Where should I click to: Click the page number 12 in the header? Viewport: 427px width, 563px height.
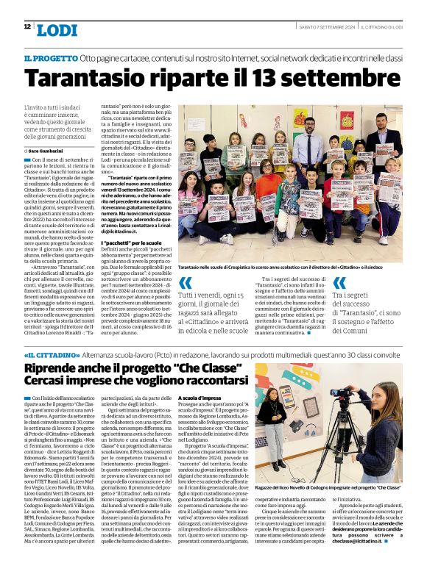coord(27,27)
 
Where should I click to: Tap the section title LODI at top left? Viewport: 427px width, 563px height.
coord(56,29)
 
